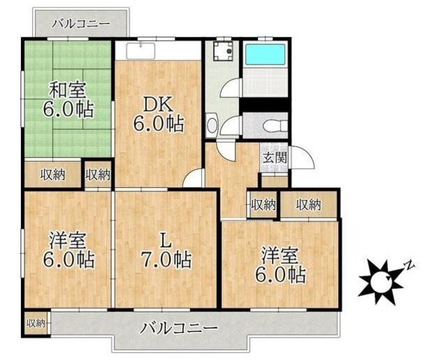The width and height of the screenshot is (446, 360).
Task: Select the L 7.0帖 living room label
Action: (x=164, y=250)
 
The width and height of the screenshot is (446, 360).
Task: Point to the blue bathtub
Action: (x=266, y=54)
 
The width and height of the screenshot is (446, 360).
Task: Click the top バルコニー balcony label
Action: (x=81, y=23)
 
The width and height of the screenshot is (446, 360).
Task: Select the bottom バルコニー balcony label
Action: (x=179, y=327)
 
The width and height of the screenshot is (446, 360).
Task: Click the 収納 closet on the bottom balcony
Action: (x=36, y=323)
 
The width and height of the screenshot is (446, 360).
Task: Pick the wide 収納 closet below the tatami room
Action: (x=52, y=175)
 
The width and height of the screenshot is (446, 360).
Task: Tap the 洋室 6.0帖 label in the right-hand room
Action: (x=282, y=265)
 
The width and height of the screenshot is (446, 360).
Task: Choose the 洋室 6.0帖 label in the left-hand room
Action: (x=68, y=250)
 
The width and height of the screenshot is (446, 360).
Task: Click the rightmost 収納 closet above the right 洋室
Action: (x=308, y=204)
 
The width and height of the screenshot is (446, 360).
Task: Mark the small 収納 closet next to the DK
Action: (x=98, y=175)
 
